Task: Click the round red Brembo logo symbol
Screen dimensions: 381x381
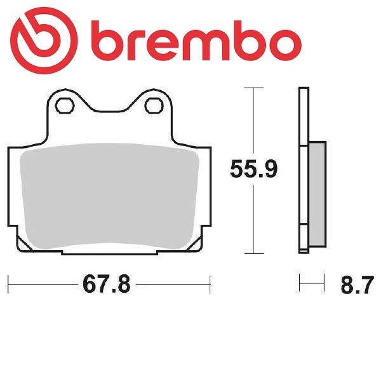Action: coord(44,41)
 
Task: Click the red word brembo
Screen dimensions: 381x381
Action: coord(196,41)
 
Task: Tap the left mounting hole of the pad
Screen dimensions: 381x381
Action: coord(64,105)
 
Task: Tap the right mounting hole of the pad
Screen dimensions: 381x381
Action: coord(154,105)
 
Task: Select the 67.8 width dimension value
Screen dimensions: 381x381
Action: coord(107,284)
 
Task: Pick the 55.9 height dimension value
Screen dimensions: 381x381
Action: coord(254,169)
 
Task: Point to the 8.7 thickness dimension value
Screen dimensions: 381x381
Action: coord(357,284)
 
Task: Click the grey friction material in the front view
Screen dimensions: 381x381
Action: coord(109,196)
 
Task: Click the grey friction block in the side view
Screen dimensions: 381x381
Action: coord(317,194)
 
